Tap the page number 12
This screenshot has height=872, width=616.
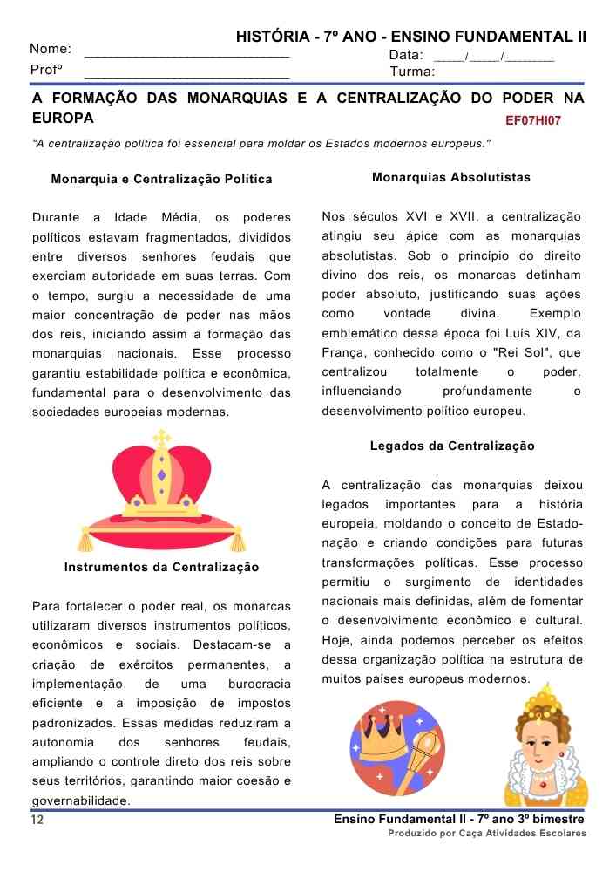[x=37, y=821]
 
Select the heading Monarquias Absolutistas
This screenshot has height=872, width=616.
[x=450, y=177]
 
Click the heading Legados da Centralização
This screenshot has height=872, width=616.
[x=452, y=446]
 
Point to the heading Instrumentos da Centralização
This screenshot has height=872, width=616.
[x=162, y=567]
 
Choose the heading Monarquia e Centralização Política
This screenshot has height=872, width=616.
[x=162, y=180]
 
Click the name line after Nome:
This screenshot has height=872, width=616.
[x=186, y=54]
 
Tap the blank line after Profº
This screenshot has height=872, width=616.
[x=186, y=77]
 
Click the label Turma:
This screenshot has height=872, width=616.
[x=412, y=71]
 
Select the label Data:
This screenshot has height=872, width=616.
[x=406, y=55]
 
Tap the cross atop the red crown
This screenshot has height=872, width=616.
[x=161, y=437]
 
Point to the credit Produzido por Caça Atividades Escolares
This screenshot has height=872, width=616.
[x=487, y=834]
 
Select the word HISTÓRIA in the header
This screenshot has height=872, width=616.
[x=271, y=37]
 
